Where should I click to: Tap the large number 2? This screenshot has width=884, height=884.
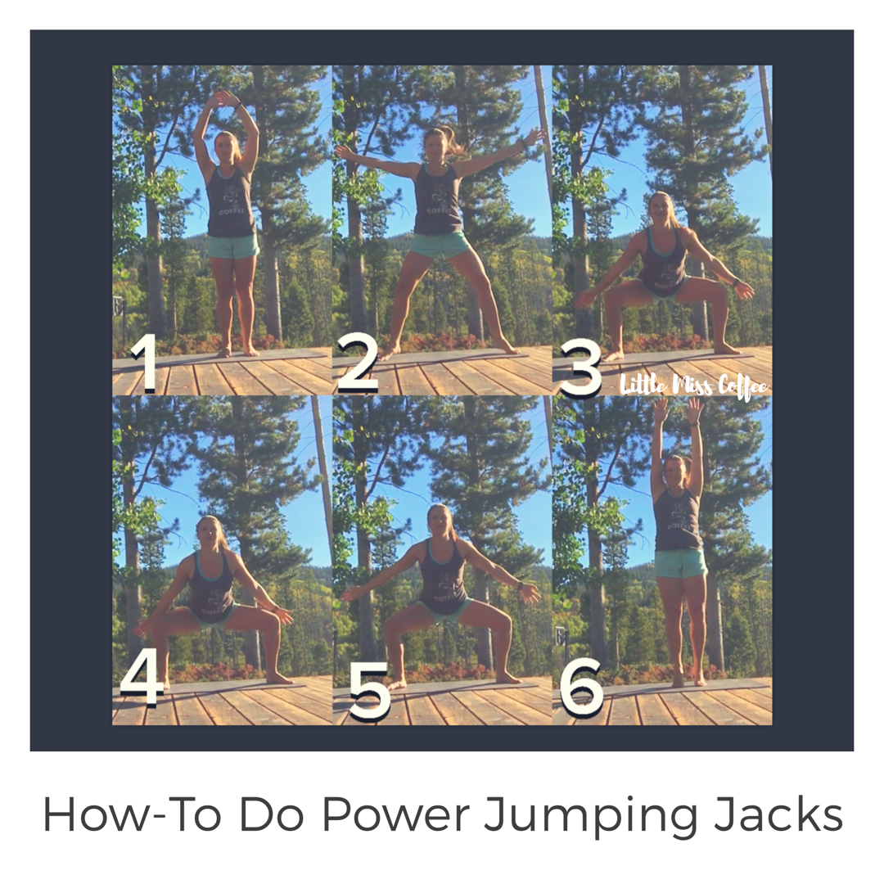click(359, 363)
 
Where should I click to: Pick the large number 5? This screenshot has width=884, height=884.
click(370, 691)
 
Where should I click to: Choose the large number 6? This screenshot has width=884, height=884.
click(582, 687)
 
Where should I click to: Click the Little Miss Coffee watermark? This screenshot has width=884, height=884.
click(694, 386)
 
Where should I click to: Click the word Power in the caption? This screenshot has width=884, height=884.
click(395, 814)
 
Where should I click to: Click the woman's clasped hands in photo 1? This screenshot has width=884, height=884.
click(226, 99)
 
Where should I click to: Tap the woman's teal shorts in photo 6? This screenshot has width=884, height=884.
click(681, 564)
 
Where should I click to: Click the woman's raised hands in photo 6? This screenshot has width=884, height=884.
click(678, 410)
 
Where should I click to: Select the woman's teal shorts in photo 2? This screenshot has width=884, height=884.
click(439, 245)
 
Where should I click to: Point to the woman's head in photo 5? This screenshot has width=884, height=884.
click(438, 520)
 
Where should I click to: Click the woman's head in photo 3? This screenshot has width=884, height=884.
click(661, 209)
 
